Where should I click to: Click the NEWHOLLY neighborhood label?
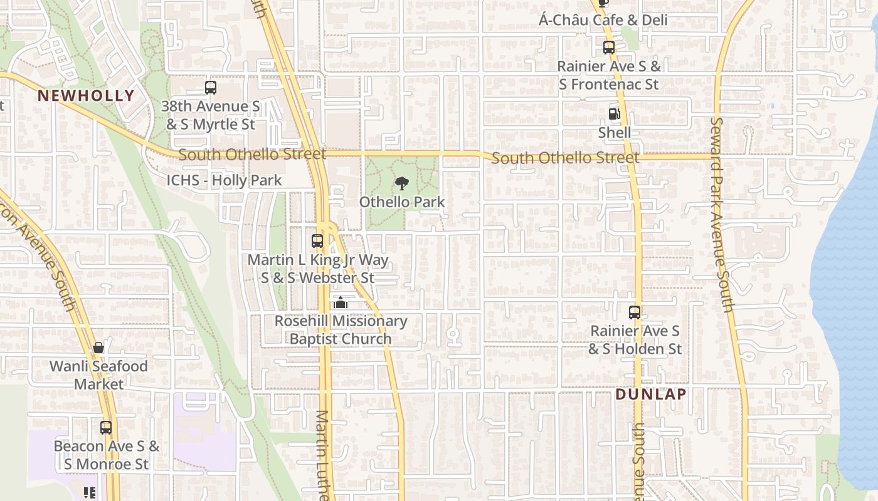coord(86,96)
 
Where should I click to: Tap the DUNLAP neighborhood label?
coord(651,395)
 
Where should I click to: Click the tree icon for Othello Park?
coord(402,183)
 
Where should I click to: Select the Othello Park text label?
coord(402,202)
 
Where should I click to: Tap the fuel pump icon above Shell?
coord(615,114)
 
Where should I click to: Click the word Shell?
coord(615,133)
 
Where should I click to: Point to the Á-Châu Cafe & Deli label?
coord(603,20)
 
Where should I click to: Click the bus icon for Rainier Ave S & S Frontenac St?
coord(608,47)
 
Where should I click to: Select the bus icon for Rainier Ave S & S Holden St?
coord(635,312)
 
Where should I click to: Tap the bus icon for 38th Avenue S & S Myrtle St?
coord(210,88)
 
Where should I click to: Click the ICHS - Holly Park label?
coord(224,181)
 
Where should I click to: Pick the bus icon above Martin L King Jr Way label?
coord(317,241)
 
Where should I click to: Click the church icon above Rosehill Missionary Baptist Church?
coord(341,303)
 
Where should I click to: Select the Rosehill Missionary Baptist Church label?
coord(341,330)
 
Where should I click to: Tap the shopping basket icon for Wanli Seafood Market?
coord(98,348)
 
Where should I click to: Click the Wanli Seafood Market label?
coord(99,374)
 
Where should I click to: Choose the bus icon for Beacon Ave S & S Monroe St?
coord(106,428)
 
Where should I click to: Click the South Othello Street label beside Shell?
coord(565,158)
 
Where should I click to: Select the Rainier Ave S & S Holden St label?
coord(635,339)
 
